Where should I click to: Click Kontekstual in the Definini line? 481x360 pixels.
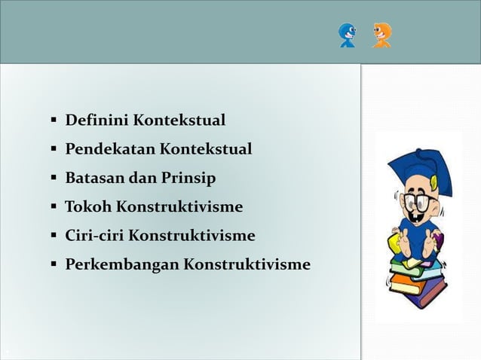(179, 121)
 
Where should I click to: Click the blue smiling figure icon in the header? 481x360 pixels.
(348, 35)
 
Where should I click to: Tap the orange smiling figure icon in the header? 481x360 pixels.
(381, 35)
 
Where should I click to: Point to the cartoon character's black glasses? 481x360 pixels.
(415, 202)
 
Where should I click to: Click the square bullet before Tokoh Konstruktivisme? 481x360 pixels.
(54, 207)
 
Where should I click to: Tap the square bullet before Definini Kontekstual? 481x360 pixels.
(54, 121)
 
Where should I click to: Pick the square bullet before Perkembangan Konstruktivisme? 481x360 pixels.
(54, 265)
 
